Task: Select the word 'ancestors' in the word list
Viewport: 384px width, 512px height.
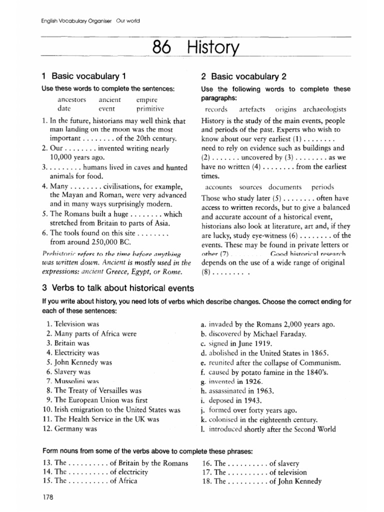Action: (72, 99)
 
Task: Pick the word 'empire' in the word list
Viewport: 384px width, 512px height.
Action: (146, 99)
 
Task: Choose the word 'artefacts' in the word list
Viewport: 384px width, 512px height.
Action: (251, 109)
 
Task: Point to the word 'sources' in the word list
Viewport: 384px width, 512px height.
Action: (250, 187)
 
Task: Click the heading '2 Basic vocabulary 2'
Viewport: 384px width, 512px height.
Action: (243, 76)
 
